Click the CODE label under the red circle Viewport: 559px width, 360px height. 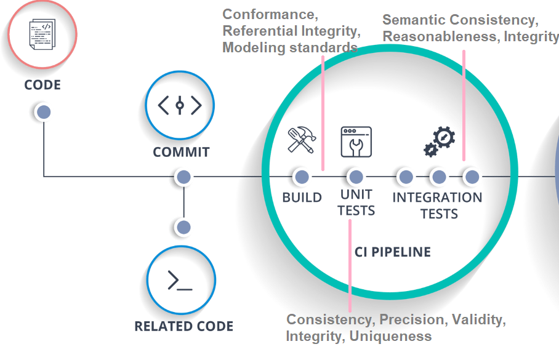pos(42,85)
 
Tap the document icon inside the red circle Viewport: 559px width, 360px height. pos(42,34)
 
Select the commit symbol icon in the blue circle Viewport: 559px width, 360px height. pos(180,105)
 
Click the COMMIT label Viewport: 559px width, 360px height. pos(181,152)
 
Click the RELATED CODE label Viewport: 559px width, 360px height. pos(184,326)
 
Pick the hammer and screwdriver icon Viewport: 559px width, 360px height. pos(302,140)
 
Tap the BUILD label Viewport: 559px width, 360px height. pos(302,198)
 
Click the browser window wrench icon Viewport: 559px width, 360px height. pos(356,142)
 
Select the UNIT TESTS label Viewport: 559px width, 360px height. pos(356,202)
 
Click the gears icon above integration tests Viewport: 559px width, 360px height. pos(439,142)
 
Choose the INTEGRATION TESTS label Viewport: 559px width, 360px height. pos(438,206)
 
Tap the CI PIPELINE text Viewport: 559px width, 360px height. pos(393,252)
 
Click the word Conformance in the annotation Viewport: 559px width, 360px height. pos(270,15)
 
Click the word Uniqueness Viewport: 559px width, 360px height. pos(390,336)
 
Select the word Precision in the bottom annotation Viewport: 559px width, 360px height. pos(414,320)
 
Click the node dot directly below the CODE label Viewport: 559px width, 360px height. pos(44,112)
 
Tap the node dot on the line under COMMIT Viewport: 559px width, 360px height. pos(184,177)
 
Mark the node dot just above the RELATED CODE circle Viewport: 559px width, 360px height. pos(184,228)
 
